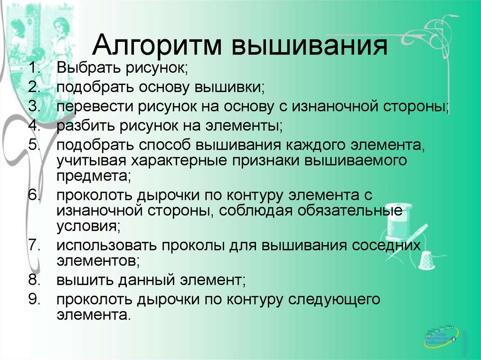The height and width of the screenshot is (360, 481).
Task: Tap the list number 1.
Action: (x=34, y=68)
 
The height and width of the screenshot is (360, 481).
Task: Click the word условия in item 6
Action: (x=88, y=226)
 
